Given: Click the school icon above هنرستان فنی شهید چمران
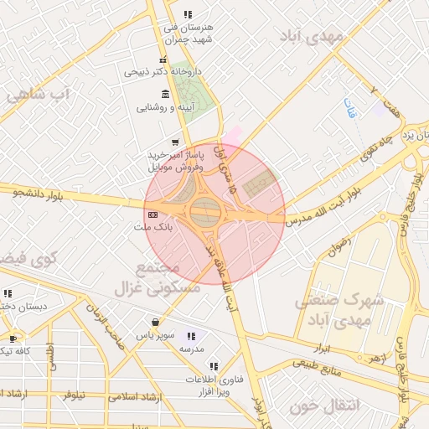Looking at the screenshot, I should click(x=188, y=14).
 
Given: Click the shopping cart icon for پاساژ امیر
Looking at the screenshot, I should click(x=174, y=142).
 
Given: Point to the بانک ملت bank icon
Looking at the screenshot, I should click(x=152, y=214).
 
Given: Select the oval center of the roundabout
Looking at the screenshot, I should click(x=205, y=212).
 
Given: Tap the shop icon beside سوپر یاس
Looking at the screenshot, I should click(x=155, y=322).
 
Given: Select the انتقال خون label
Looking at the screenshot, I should click(x=323, y=406).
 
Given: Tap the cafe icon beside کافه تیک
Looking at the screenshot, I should click(x=13, y=339).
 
